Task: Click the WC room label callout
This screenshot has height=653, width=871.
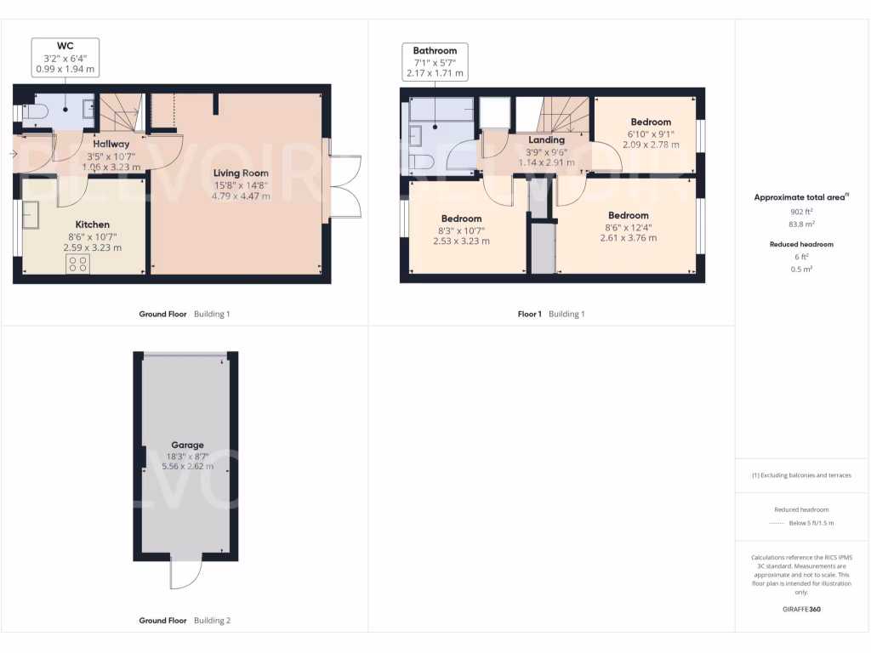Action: [65, 56]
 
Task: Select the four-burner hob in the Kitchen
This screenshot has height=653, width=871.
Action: [78, 264]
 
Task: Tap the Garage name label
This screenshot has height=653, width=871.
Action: [187, 445]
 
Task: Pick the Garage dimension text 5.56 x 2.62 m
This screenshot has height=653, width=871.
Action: [187, 466]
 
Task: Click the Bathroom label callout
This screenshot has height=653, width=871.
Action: [435, 62]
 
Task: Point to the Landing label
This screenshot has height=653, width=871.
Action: [546, 140]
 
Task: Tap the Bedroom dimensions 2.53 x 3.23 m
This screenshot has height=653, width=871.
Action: [461, 241]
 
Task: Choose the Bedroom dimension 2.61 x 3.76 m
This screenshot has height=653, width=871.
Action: [628, 238]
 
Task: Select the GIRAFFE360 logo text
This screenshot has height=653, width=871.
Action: [802, 609]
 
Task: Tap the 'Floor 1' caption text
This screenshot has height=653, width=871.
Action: [529, 314]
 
